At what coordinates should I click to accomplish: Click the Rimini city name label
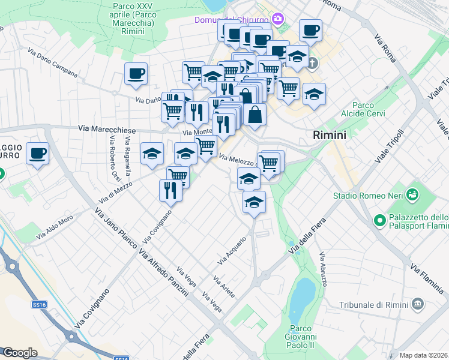330,136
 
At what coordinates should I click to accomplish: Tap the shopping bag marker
255,114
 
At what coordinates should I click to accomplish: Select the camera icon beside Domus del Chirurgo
277,19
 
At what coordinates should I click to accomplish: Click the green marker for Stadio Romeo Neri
412,194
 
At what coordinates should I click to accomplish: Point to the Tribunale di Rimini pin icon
418,305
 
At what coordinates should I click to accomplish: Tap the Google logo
20,353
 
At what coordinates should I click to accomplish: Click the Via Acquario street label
232,252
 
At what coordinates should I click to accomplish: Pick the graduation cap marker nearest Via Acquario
254,202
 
